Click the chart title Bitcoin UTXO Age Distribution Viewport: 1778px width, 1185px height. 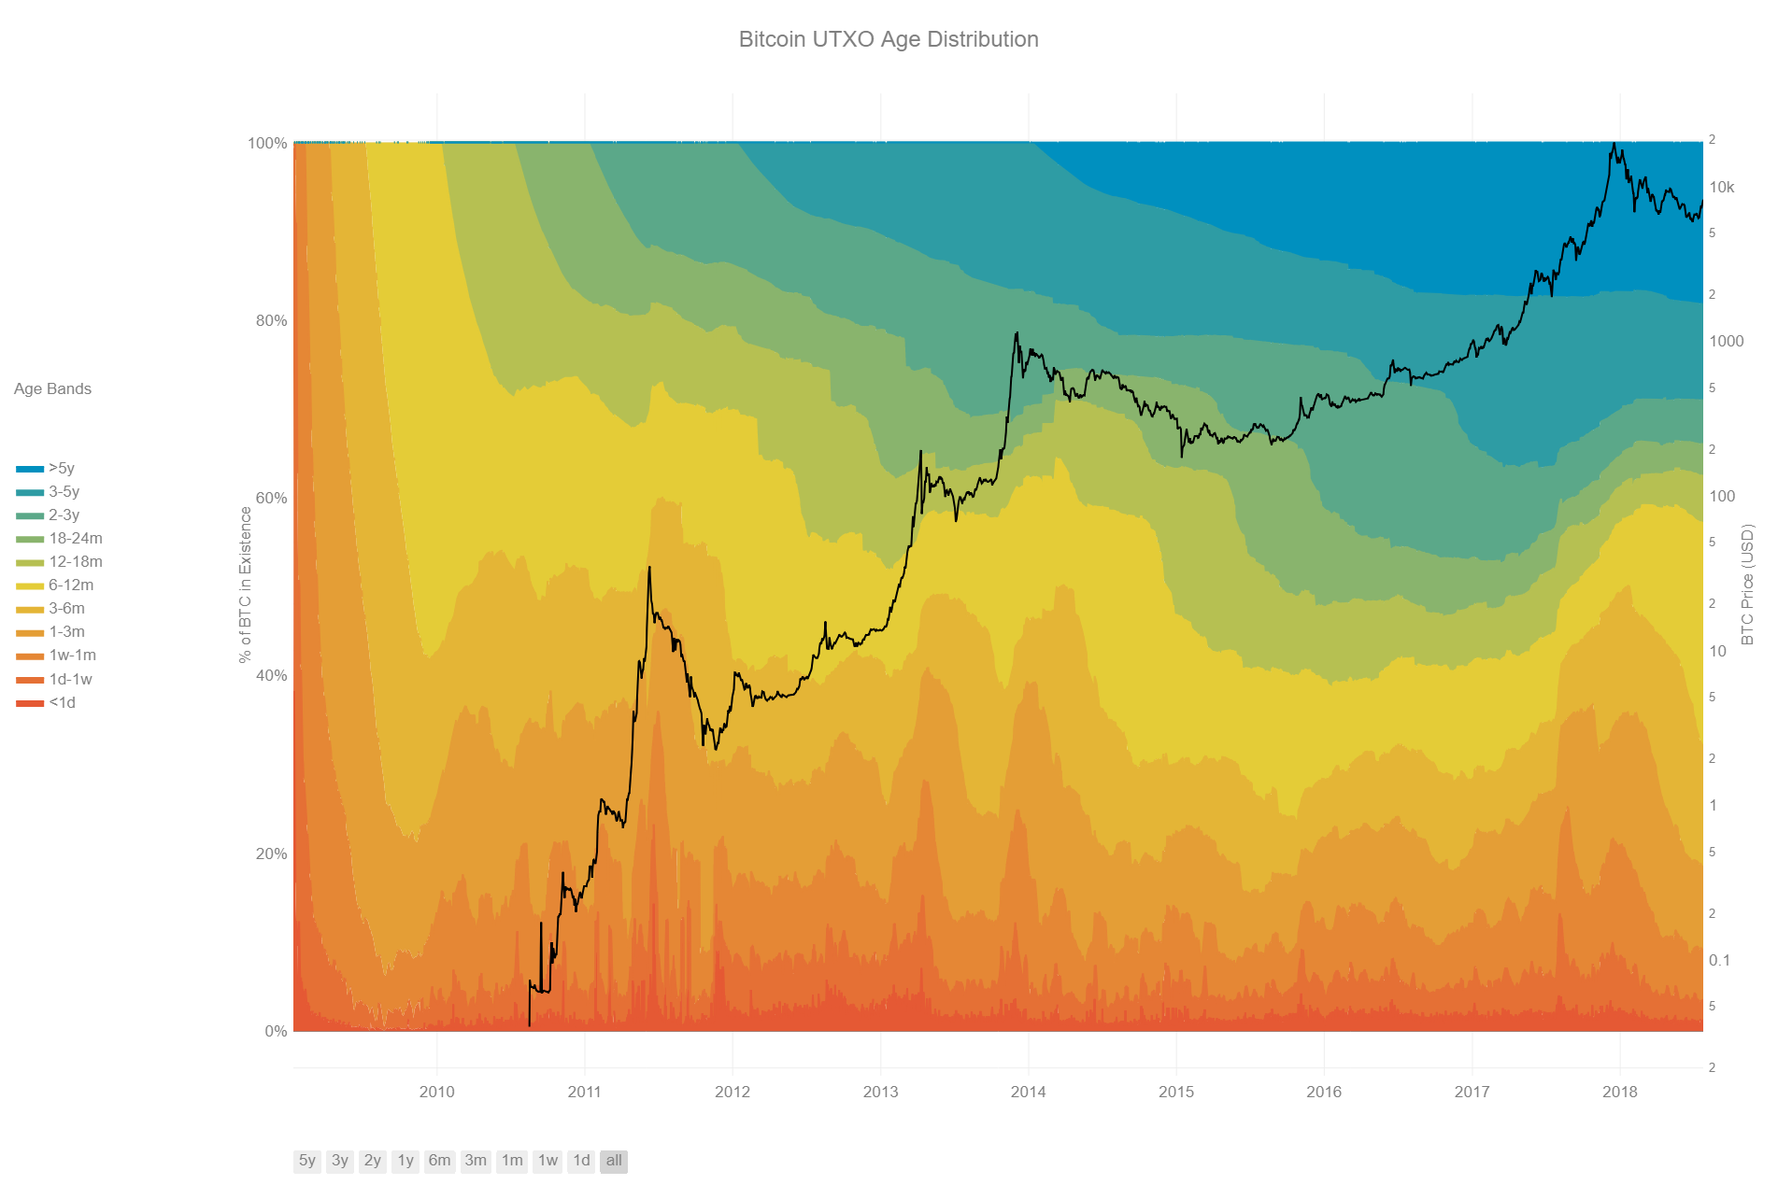pos(888,39)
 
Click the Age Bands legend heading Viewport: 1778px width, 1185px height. pos(52,388)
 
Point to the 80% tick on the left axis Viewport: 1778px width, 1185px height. pos(271,320)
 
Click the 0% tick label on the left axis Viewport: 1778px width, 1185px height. pos(275,1031)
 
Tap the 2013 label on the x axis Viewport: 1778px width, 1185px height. pos(880,1092)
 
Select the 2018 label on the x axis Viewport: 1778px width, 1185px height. pos(1619,1092)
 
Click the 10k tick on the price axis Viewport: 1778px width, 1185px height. pos(1721,187)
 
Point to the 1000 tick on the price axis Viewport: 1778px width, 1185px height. pos(1726,341)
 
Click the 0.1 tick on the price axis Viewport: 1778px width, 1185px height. pos(1719,960)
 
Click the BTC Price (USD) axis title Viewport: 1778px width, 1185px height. pos(1747,585)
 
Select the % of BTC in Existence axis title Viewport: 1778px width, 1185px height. pos(245,585)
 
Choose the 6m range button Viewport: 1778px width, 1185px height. pos(439,1161)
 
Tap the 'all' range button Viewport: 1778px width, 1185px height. pos(613,1161)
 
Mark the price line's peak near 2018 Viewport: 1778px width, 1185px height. pos(1614,144)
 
